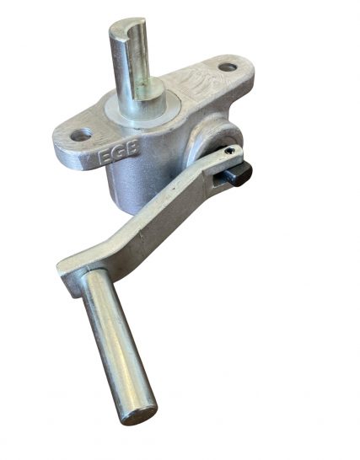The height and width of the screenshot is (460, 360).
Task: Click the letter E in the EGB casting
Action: tap(105, 157)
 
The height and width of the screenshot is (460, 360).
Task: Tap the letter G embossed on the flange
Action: tap(119, 152)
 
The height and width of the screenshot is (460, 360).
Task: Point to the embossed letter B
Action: tap(132, 149)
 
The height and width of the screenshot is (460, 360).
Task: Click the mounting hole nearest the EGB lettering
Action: tap(81, 135)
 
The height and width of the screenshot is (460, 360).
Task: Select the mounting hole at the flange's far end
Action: tap(228, 67)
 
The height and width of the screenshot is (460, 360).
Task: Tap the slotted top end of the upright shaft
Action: tap(127, 24)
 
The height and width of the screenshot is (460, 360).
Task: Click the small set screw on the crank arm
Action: tap(228, 151)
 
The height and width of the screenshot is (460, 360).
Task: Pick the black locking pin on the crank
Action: tap(239, 174)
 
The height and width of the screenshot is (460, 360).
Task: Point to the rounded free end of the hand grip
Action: tap(139, 415)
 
